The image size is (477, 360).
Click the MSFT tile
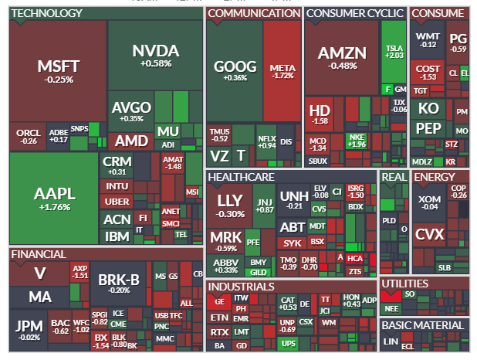tap(58, 70)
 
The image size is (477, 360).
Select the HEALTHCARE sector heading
tap(241, 177)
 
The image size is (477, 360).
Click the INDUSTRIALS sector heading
tap(242, 287)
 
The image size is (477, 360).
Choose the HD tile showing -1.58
tap(319, 115)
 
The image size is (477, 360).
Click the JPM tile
tap(29, 329)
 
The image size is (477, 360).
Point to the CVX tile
tap(431, 234)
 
